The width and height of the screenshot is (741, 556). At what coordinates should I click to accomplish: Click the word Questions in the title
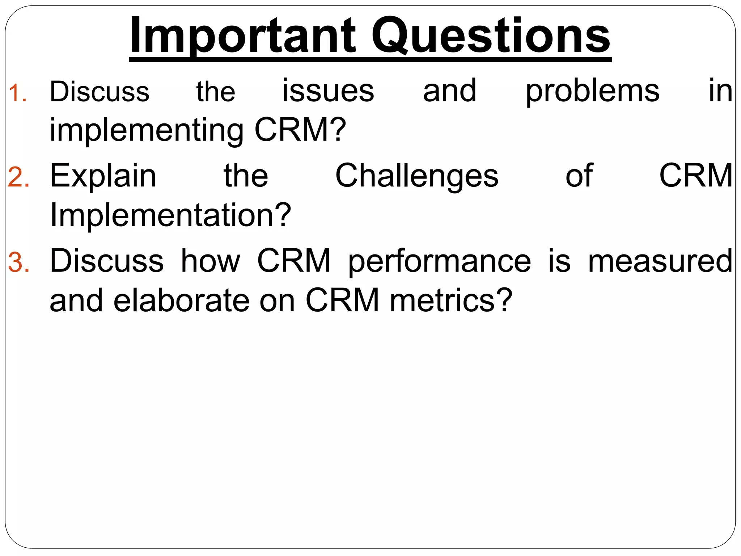[491, 36]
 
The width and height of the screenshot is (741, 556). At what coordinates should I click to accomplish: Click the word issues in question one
[328, 91]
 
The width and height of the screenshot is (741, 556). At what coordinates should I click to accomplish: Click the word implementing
[146, 131]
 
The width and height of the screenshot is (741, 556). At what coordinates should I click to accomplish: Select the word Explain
[103, 177]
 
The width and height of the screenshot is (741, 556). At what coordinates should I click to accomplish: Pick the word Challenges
[416, 177]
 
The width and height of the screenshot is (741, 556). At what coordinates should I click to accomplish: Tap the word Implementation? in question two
[170, 215]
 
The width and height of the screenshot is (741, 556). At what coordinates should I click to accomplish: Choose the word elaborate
[181, 300]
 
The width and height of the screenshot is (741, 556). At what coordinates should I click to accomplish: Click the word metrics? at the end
[451, 300]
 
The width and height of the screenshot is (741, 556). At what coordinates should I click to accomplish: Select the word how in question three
[210, 261]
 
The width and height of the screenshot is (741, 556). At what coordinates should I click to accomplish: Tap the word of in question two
[579, 176]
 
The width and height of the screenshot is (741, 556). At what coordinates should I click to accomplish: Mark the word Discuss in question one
[99, 91]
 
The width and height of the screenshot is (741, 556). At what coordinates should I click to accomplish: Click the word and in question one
[449, 91]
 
